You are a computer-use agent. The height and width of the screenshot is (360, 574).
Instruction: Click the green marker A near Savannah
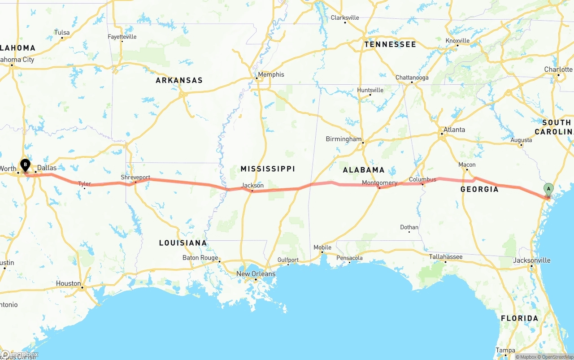(548, 189)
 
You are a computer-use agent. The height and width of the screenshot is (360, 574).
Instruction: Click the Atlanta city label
(454, 130)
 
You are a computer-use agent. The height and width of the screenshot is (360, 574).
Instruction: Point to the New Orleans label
(256, 273)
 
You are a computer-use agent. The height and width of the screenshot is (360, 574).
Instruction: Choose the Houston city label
(68, 283)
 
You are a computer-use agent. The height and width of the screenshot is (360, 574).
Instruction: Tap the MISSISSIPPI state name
(268, 169)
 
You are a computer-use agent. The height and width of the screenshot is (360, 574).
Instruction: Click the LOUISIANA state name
(183, 243)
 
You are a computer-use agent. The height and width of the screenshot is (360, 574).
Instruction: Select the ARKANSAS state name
(179, 80)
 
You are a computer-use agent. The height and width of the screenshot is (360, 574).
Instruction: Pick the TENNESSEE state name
(390, 44)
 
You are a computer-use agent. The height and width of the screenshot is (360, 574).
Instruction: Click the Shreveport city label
(135, 177)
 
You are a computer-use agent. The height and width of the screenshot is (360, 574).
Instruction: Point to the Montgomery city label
(379, 182)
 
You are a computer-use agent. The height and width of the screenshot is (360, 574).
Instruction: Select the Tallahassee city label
(445, 256)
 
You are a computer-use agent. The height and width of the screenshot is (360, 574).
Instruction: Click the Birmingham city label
(344, 139)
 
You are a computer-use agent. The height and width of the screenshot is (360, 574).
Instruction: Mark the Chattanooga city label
(412, 78)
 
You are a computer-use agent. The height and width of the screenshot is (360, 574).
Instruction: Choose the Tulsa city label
(62, 32)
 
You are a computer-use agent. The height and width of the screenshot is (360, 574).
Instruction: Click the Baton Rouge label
(200, 257)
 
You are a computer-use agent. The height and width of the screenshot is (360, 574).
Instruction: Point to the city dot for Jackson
(252, 191)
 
